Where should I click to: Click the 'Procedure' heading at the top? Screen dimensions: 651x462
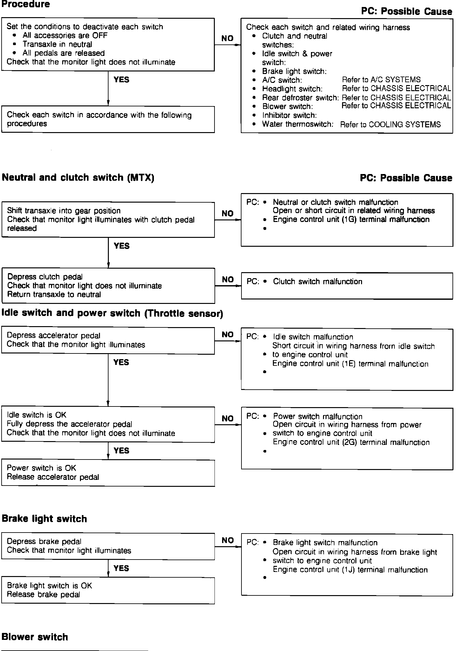(x=26, y=4)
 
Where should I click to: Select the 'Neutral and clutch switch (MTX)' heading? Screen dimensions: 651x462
(x=78, y=177)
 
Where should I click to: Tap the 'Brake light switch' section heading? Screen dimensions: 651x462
(x=44, y=519)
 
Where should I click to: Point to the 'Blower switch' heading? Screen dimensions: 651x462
(x=35, y=637)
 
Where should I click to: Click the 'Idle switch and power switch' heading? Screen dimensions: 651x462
(x=112, y=313)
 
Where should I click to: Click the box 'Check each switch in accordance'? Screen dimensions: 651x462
(x=108, y=119)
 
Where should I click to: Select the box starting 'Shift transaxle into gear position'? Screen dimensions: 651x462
(x=108, y=219)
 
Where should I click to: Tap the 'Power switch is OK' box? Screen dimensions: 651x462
(x=108, y=473)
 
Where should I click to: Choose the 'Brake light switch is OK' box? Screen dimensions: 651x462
(x=108, y=590)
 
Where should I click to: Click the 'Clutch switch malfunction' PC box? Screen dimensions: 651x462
(x=347, y=285)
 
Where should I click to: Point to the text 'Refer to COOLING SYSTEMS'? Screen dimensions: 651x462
(x=390, y=124)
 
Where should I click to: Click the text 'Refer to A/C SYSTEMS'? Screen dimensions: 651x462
(x=381, y=80)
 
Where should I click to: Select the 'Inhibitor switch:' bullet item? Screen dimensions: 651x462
(x=289, y=115)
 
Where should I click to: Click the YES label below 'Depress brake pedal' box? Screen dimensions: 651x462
(x=121, y=568)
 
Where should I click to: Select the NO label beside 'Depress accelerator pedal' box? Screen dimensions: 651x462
(x=228, y=334)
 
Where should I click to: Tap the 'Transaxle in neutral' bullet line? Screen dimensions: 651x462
(x=57, y=44)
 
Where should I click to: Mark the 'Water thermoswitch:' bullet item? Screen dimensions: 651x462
(x=297, y=124)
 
